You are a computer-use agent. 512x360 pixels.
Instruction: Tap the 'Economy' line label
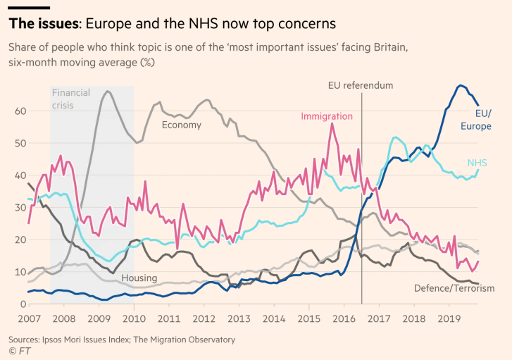[182, 125]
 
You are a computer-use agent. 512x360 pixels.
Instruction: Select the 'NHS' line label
[477, 163]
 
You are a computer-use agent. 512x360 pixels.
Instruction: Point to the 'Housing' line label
[139, 278]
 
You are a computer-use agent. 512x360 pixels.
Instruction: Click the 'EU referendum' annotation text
[361, 85]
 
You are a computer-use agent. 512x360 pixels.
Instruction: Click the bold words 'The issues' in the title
[42, 24]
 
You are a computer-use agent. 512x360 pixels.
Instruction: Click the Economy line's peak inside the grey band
[107, 91]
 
